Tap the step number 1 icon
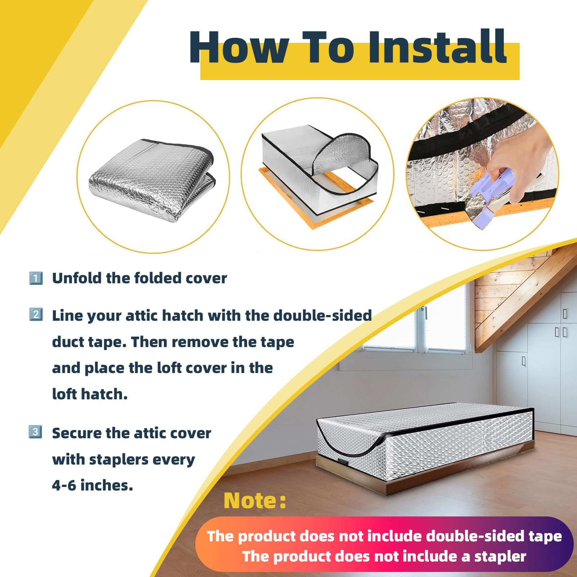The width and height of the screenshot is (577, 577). [36, 278]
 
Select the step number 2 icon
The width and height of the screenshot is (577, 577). [36, 315]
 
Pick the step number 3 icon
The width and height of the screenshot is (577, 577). [35, 432]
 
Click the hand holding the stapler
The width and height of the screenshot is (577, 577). [519, 166]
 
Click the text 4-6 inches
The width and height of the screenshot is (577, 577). [92, 485]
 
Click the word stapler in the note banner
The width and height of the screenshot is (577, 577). [500, 556]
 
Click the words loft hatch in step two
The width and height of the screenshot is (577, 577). [90, 394]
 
